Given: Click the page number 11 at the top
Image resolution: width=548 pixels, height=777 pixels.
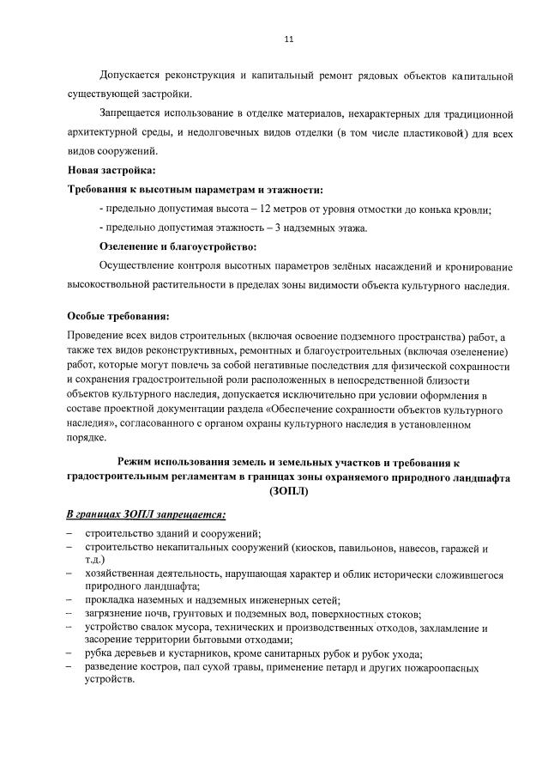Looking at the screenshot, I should pos(288,39).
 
